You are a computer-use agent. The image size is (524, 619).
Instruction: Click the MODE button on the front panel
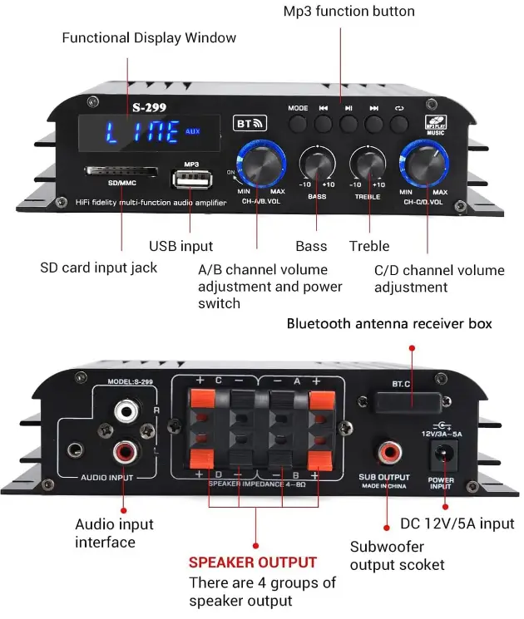coord(299,125)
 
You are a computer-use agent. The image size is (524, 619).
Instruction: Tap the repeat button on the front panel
coord(400,125)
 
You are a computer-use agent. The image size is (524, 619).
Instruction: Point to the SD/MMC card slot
coord(122,171)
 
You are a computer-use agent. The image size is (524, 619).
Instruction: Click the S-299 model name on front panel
coord(146,106)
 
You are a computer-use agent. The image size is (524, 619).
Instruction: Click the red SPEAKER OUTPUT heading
coord(252,563)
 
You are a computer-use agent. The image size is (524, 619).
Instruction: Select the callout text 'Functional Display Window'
coord(149,37)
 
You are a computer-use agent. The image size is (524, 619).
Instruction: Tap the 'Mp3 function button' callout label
coord(349,11)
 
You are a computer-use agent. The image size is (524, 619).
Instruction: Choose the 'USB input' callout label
coord(180,246)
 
